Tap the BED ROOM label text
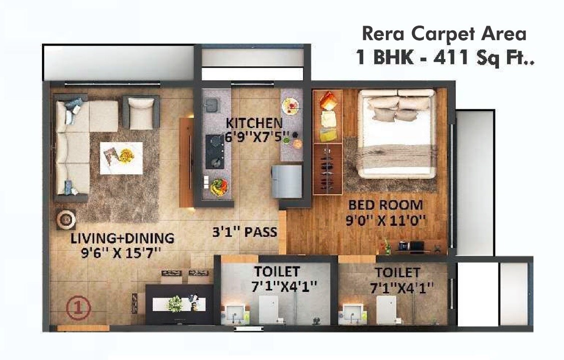pos(385,205)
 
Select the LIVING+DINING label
pos(122,238)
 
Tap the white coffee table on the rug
pos(121,158)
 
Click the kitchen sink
pos(211,105)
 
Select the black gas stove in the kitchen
pos(214,152)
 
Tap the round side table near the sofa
pos(66,219)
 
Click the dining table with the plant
pos(179,303)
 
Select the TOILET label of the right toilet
pos(398,273)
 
